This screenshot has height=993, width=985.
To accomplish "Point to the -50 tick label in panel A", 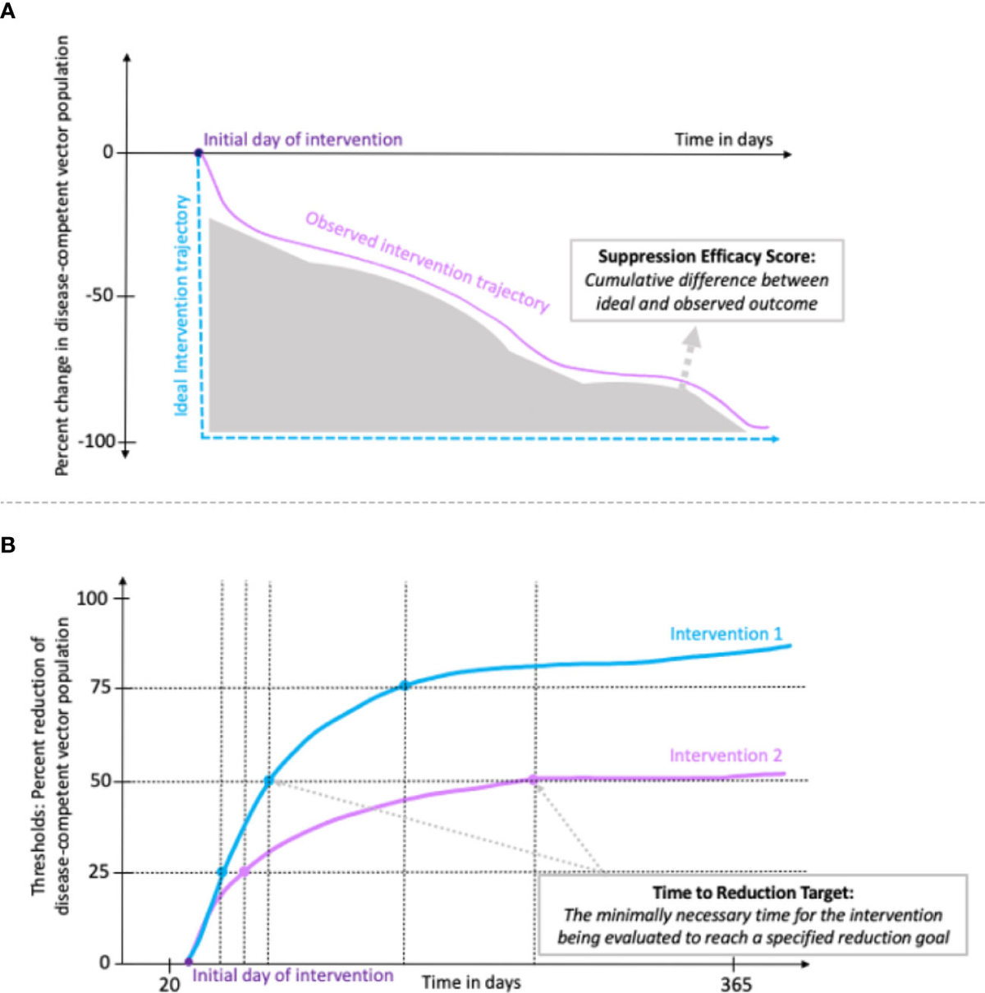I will point(99,297).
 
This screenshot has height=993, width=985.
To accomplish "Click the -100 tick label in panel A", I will point(96,441).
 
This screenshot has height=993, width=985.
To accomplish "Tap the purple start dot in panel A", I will point(199,153).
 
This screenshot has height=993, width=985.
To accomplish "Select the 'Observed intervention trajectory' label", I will point(427,261).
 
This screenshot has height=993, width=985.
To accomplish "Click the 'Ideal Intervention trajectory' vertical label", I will point(182,305).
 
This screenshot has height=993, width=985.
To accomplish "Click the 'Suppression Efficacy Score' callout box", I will point(707,280).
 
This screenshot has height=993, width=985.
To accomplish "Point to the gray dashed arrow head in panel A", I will point(693,336).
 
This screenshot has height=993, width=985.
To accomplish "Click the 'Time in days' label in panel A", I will point(723,140).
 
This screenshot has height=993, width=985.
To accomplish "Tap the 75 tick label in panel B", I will point(99,688).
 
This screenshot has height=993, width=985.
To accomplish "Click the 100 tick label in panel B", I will point(93,598).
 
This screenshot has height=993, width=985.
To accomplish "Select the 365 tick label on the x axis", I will point(735,984).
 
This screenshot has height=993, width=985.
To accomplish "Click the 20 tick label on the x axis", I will point(169,984).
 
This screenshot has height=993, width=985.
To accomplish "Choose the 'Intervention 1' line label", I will point(726,634).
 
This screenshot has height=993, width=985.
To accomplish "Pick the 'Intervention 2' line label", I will point(726,756).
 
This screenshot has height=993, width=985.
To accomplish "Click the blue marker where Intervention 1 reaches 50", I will point(268,780).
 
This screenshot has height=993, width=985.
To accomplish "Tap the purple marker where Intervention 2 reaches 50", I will point(534,779).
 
